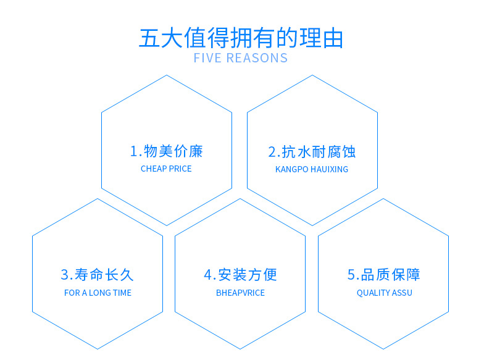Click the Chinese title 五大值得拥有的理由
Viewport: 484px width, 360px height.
click(x=241, y=38)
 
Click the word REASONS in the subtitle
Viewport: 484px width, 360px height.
click(x=257, y=58)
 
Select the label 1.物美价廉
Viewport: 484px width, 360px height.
click(x=166, y=151)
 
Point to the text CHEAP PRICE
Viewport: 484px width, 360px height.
click(x=166, y=169)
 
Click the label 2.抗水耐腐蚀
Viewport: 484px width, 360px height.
click(x=312, y=152)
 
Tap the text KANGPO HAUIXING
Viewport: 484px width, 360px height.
click(x=312, y=169)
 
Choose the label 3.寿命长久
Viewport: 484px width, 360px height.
click(x=97, y=275)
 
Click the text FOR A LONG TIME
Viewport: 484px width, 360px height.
click(x=98, y=293)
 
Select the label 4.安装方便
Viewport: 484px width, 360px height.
click(x=240, y=275)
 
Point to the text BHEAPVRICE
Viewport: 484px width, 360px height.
click(x=240, y=293)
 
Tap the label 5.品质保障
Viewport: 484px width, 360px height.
click(x=383, y=275)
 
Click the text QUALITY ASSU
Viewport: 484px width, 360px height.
click(x=384, y=293)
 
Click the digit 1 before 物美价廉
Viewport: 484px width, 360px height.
click(x=133, y=152)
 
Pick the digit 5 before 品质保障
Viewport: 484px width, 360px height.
click(x=351, y=275)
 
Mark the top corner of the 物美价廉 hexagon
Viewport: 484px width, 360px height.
click(x=167, y=75)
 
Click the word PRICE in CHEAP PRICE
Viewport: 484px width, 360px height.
click(x=180, y=169)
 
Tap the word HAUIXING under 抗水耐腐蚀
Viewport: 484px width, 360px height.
click(x=329, y=169)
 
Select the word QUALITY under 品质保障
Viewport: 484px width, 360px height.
click(x=372, y=293)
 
